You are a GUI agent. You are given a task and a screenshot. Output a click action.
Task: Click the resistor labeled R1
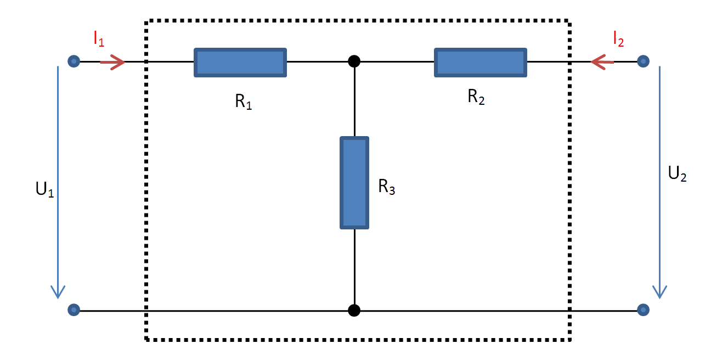tap(240, 62)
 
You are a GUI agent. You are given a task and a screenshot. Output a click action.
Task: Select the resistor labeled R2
tap(481, 62)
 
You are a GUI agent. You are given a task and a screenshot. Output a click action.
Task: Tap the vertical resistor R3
tap(354, 183)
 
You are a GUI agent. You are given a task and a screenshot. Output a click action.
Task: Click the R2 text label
tap(476, 97)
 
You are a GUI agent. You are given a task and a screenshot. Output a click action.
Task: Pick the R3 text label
tap(386, 187)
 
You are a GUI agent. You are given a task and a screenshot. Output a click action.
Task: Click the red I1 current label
tap(99, 40)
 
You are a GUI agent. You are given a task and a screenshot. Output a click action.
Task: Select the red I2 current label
tap(618, 40)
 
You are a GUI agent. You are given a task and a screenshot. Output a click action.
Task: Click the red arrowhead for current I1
tap(117, 62)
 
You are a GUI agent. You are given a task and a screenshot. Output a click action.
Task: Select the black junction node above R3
tap(354, 61)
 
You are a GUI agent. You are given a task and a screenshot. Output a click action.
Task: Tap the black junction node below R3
tap(354, 311)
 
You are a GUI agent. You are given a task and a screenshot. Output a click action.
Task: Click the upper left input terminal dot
tap(74, 61)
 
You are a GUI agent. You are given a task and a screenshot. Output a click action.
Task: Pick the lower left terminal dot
tap(74, 310)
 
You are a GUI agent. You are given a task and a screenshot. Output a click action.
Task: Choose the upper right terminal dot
tap(644, 61)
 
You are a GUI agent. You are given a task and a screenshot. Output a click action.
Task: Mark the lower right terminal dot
tap(644, 310)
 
